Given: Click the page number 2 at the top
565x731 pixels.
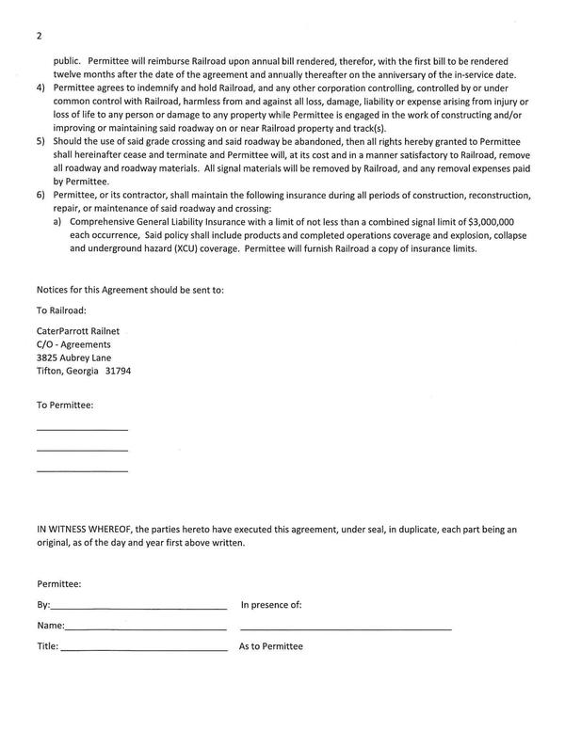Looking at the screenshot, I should [x=40, y=36].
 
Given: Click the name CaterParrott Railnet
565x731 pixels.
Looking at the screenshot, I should [x=79, y=332].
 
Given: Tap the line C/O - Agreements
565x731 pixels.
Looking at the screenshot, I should [x=73, y=345].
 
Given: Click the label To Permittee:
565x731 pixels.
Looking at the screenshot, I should [x=64, y=405].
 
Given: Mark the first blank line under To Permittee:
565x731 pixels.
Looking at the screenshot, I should [x=82, y=430].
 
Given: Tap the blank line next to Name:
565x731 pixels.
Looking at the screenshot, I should [x=145, y=628].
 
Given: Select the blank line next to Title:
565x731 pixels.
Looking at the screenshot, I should [x=143, y=650].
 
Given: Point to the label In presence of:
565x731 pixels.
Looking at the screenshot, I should [x=271, y=605].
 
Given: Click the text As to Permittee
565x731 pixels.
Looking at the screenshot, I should [x=271, y=647].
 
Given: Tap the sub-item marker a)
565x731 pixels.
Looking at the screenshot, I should [x=57, y=221].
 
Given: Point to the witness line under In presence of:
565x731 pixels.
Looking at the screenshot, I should [x=346, y=628].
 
